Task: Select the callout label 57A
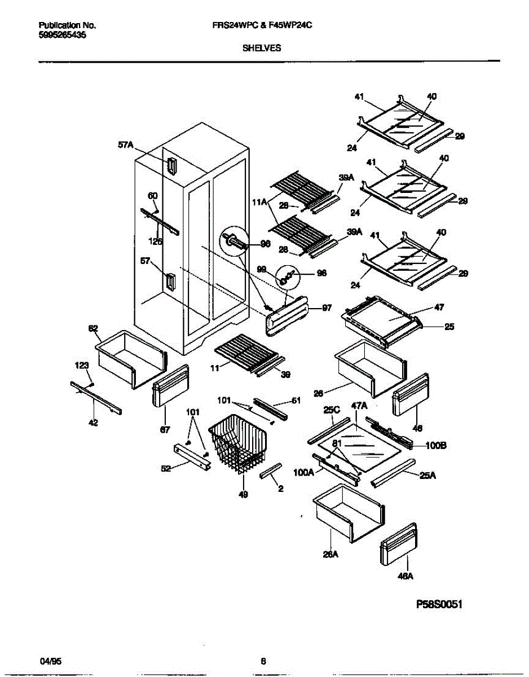125,146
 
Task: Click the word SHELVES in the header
262,49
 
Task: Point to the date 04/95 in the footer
49,661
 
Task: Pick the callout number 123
82,366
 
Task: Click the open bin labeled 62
131,358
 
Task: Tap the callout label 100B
436,446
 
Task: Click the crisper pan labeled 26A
348,512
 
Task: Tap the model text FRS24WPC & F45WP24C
262,26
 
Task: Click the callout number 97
327,308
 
